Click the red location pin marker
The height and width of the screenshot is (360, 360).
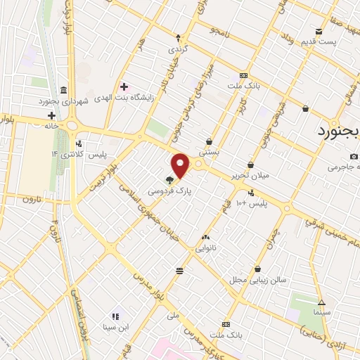[x=181, y=166]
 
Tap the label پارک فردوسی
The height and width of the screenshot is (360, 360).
[x=169, y=190]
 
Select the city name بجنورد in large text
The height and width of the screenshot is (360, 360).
[x=337, y=131]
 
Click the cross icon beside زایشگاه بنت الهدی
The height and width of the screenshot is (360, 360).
[x=124, y=87]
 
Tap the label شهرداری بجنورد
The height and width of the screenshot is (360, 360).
[x=63, y=101]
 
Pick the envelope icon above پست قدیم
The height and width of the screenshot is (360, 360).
[x=319, y=31]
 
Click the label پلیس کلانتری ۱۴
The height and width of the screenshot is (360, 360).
[x=77, y=154]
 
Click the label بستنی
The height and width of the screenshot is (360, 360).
[x=209, y=150]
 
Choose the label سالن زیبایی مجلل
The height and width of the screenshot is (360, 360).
[x=257, y=279]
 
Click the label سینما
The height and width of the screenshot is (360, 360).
[x=323, y=311]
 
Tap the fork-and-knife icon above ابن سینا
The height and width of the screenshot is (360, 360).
[x=115, y=317]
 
